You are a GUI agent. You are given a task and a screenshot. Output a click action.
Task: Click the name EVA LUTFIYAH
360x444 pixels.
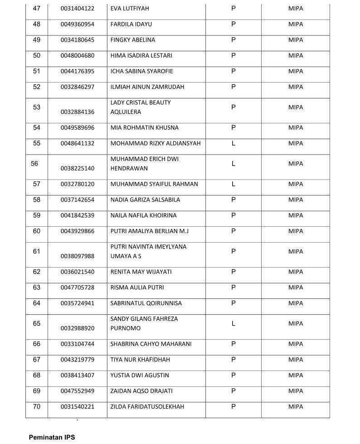point(130,9)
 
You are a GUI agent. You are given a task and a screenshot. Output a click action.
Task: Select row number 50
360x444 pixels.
point(37,55)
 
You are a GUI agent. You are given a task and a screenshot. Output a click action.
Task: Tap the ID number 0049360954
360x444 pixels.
point(78,24)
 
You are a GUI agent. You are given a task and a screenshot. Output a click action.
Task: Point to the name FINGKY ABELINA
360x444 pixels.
point(133,40)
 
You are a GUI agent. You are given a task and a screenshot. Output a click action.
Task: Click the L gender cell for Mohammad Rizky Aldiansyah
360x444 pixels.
point(234,143)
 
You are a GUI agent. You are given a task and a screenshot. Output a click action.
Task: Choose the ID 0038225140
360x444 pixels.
point(78,168)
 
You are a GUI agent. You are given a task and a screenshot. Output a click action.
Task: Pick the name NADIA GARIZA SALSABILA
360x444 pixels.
point(145,200)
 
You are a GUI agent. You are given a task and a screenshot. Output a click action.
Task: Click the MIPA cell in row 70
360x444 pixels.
point(296,407)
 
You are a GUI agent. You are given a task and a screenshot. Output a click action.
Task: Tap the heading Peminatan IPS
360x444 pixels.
point(52,437)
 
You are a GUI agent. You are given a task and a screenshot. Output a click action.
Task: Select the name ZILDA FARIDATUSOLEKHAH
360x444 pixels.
point(147,407)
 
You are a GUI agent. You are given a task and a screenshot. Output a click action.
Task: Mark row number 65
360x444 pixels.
point(37,323)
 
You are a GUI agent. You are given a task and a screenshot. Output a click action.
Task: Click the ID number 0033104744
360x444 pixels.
point(78,344)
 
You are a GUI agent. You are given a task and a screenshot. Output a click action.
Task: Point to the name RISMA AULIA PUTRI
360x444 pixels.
point(137,288)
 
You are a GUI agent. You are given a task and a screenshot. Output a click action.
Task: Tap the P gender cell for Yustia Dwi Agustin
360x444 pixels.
point(234,375)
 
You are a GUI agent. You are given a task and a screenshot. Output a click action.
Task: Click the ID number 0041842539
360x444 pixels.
point(78,215)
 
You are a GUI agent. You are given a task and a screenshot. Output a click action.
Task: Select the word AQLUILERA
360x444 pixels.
point(126,112)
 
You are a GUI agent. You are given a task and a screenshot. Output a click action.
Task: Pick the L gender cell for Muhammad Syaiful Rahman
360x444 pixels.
point(234,184)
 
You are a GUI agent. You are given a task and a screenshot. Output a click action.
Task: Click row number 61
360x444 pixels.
point(37,251)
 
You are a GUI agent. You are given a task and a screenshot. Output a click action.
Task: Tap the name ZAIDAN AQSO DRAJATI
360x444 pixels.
point(141,391)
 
